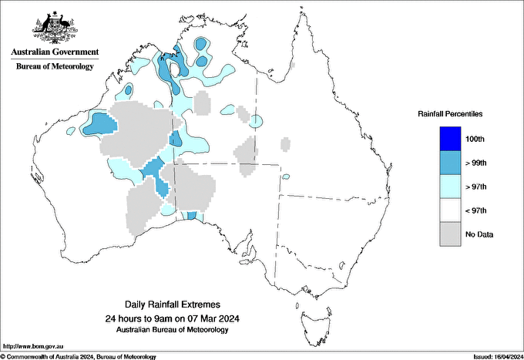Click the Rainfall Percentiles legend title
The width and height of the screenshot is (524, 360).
[450, 113]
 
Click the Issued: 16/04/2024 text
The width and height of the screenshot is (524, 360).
[491, 357]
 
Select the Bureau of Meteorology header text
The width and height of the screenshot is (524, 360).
[55, 66]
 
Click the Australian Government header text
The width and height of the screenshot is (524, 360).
[55, 52]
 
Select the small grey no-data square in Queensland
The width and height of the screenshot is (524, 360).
[286, 143]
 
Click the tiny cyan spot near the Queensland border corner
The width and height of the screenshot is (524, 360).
[286, 177]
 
